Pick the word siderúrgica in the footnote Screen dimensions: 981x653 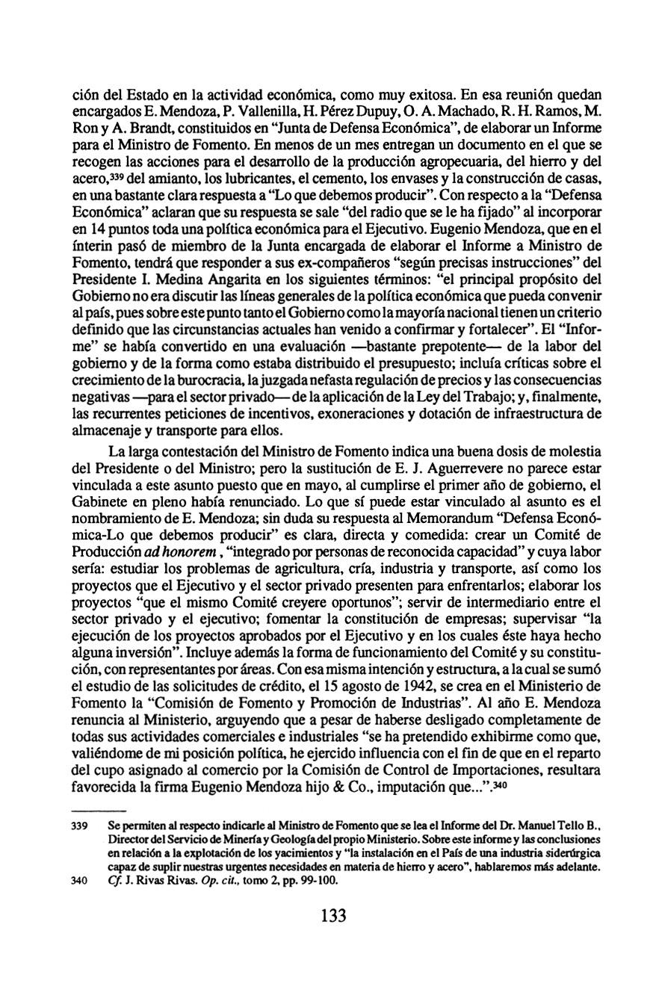562,852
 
